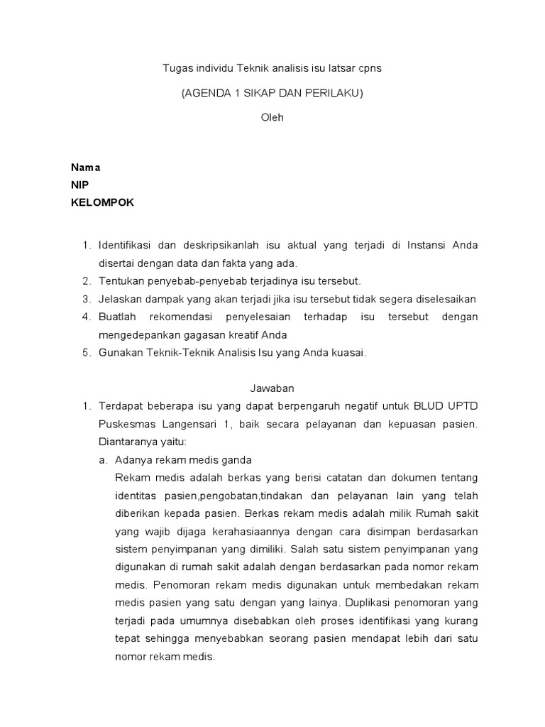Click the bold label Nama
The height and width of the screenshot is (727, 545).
[x=85, y=168]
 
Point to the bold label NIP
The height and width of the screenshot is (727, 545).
[x=79, y=185]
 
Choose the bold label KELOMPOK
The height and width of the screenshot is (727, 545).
[x=102, y=202]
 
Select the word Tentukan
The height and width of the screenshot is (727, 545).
[x=121, y=281]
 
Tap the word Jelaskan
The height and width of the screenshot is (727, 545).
[x=121, y=299]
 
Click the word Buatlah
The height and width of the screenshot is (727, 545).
[x=118, y=317]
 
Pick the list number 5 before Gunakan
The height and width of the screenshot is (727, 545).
[x=86, y=353]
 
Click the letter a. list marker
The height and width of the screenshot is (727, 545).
[x=103, y=459]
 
